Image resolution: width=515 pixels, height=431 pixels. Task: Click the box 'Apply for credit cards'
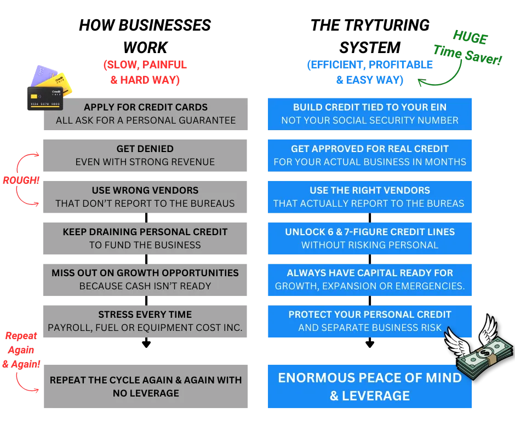146,114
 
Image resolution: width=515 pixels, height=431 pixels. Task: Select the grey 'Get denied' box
145,155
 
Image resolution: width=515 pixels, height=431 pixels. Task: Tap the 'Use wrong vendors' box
145,197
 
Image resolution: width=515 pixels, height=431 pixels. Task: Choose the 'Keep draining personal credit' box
145,238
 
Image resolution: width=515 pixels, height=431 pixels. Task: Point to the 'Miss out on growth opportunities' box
145,279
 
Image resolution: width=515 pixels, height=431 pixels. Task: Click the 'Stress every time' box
145,321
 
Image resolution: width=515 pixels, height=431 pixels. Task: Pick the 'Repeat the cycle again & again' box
146,387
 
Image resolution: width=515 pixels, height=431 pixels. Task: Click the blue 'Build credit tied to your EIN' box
370,114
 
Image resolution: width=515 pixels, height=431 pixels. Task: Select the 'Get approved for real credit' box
370,155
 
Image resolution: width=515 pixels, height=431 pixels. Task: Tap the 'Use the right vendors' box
370,197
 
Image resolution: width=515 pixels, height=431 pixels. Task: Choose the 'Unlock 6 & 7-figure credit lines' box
370,238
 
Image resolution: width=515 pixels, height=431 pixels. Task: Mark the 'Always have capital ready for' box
370,279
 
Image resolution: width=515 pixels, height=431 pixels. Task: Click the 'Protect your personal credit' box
370,321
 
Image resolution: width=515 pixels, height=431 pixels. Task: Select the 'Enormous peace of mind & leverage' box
370,387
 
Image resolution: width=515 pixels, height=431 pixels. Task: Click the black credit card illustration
46,98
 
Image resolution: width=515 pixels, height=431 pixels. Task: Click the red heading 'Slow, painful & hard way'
145,72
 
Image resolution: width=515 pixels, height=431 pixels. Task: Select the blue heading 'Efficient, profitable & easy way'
370,72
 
